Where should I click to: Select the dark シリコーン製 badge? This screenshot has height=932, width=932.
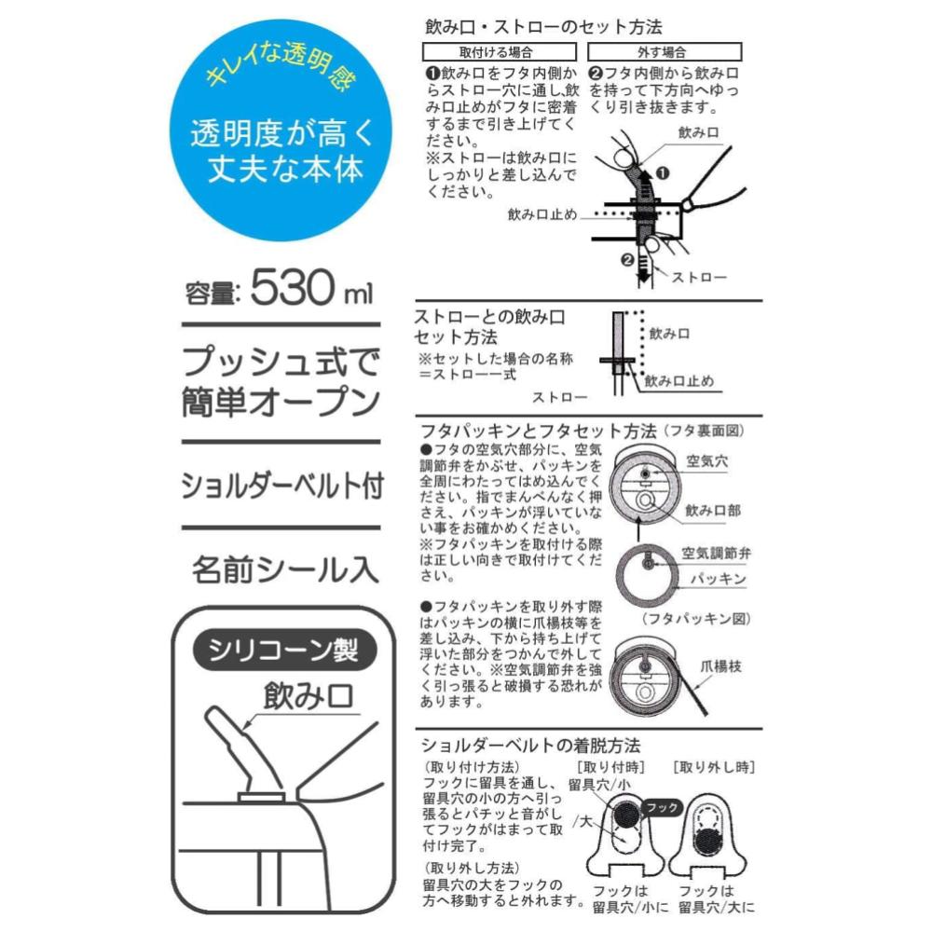tap(284, 651)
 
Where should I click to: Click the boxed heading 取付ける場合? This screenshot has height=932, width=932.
tap(499, 51)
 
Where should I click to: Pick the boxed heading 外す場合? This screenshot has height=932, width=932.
tap(665, 51)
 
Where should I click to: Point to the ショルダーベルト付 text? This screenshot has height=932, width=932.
tap(281, 486)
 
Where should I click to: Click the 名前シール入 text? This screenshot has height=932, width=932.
tap(285, 569)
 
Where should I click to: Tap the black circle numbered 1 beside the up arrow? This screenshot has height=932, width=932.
tap(662, 173)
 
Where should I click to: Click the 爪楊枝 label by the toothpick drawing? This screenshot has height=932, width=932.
tap(720, 666)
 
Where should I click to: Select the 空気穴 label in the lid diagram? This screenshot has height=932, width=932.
tap(707, 460)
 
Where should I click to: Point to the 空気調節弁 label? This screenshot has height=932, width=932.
tap(716, 554)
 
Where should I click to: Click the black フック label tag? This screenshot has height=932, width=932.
tap(662, 807)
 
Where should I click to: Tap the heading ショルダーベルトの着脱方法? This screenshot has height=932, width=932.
tap(531, 746)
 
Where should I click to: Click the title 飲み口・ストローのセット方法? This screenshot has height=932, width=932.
tap(543, 27)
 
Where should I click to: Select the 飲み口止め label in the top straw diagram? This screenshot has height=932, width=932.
tap(542, 214)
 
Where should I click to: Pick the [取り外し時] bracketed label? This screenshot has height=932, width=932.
tap(714, 767)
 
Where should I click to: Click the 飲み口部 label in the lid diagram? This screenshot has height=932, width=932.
tap(713, 510)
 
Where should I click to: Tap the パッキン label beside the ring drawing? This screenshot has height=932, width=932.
tap(718, 579)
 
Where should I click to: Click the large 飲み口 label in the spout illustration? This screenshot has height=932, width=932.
tap(308, 696)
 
